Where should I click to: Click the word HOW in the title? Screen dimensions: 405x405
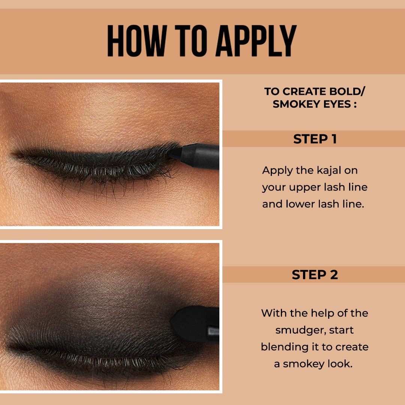coord(136,41)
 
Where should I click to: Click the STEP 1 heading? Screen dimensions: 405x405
coord(315,139)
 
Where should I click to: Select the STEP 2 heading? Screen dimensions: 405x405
coord(315,274)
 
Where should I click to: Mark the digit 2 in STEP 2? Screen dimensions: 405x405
coord(333,274)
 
